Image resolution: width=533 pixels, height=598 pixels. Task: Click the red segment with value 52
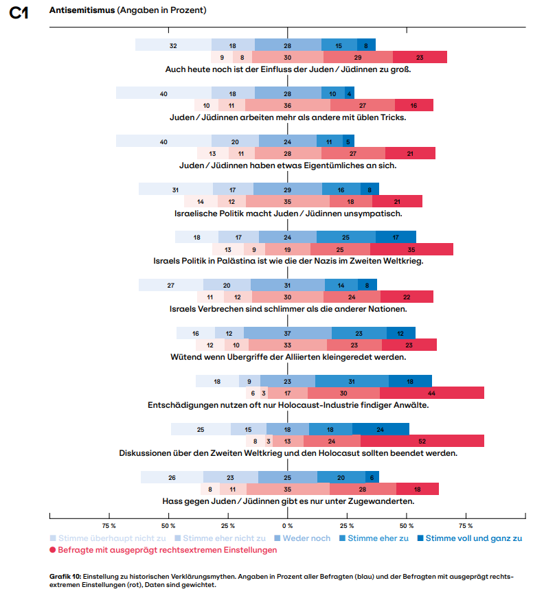pos(422,441)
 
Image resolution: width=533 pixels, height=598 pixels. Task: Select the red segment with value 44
pos(431,393)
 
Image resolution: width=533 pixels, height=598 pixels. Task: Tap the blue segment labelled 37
pos(287,333)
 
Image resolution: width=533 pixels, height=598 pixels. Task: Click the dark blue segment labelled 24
pos(381,429)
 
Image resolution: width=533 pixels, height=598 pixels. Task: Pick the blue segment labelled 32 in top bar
pos(173,45)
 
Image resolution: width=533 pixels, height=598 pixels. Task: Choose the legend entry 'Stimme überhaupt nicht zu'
pos(108,538)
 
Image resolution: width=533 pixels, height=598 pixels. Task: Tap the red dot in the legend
pos(52,550)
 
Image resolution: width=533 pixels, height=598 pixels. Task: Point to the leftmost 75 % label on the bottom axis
pos(109,526)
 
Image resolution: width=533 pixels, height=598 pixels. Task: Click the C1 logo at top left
pos(19,13)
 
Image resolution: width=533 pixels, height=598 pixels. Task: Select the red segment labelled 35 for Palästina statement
pos(411,249)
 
